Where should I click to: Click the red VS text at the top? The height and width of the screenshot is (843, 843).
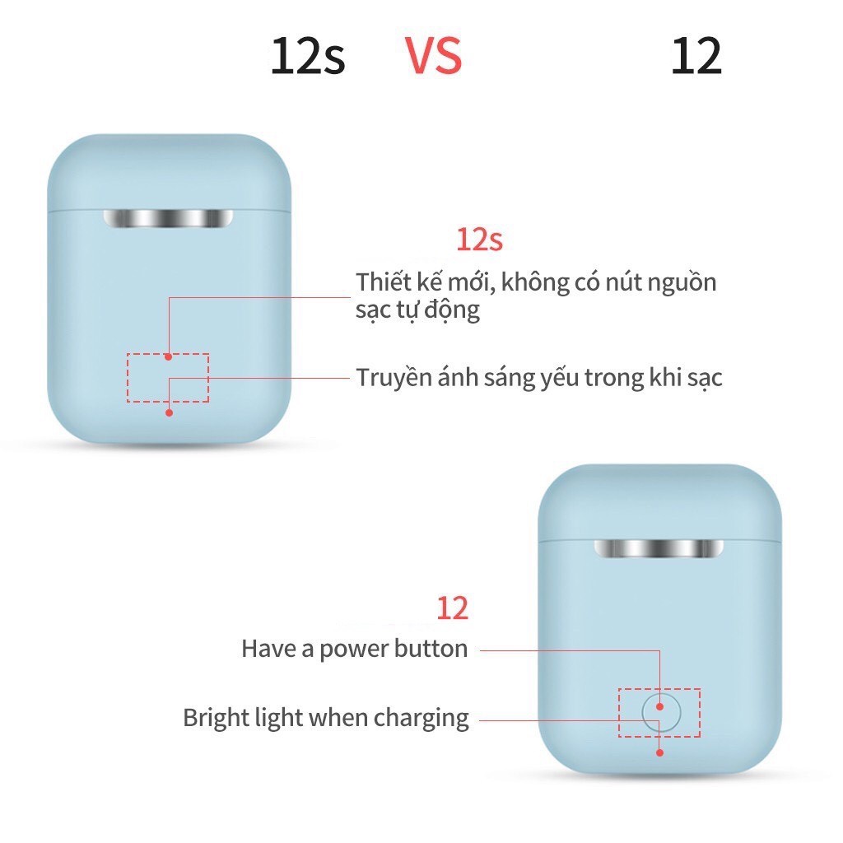(x=433, y=55)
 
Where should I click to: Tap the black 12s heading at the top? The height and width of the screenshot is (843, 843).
(x=308, y=56)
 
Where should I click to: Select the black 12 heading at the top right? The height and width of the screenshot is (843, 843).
(x=696, y=56)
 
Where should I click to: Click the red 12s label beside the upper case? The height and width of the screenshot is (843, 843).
(x=479, y=240)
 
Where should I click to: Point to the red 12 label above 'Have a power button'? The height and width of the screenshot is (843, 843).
(x=452, y=608)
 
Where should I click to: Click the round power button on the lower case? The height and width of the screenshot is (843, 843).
(x=660, y=710)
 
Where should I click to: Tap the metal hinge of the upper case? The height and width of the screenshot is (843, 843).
(x=168, y=219)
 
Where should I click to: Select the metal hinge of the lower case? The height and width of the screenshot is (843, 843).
(x=659, y=549)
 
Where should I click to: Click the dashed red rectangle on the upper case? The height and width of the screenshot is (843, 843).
(x=168, y=378)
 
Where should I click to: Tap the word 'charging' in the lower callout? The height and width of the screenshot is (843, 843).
(x=421, y=719)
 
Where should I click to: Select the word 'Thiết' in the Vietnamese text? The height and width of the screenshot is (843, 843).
(x=384, y=282)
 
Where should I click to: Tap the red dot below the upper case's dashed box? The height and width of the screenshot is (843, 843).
(x=169, y=412)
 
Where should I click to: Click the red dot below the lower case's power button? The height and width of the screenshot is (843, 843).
(x=660, y=751)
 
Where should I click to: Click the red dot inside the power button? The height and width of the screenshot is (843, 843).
(x=660, y=706)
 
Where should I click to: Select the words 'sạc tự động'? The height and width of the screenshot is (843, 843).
(x=417, y=311)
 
